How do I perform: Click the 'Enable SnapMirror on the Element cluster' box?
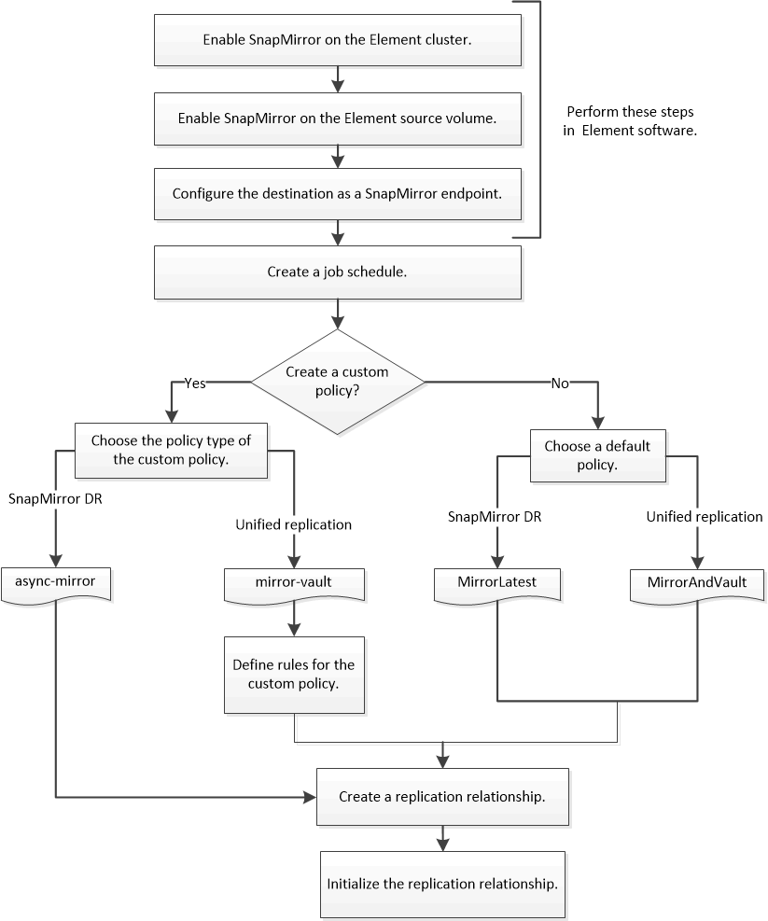click(x=335, y=41)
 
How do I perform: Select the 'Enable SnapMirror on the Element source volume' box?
click(x=335, y=119)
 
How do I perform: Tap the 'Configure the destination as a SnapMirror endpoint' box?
click(x=335, y=194)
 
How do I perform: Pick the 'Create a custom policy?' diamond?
click(x=337, y=381)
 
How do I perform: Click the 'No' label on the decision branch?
click(x=560, y=383)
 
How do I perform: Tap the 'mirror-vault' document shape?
click(x=296, y=581)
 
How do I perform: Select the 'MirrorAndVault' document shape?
click(x=696, y=582)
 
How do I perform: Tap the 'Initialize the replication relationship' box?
click(x=442, y=882)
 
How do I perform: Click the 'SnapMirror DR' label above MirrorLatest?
click(x=496, y=517)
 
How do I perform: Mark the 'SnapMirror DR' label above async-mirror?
click(x=55, y=498)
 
